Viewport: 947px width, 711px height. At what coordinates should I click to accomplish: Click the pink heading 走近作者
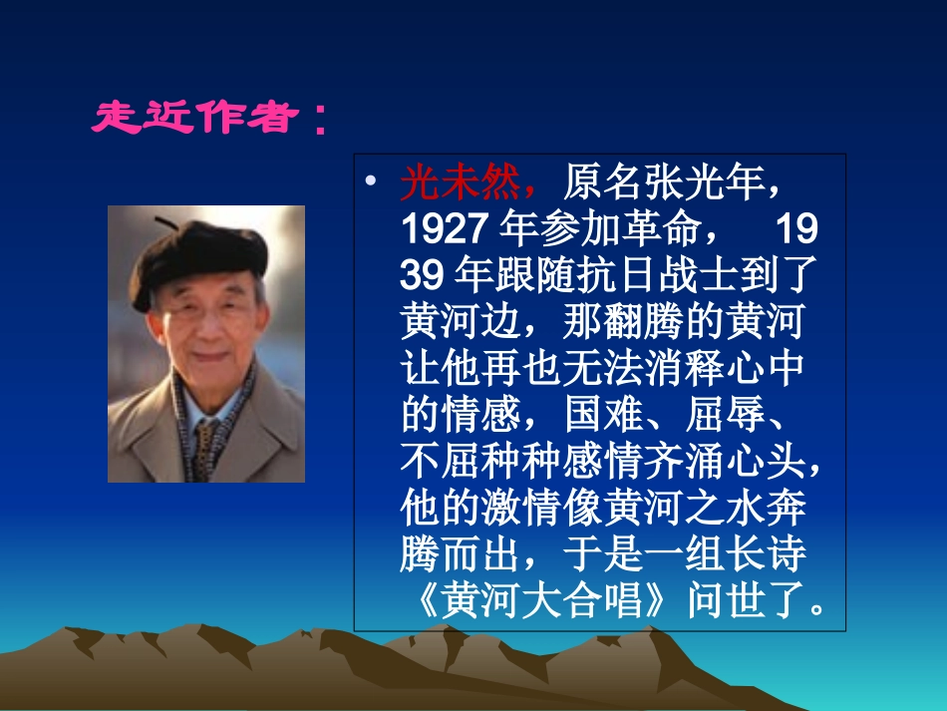pos(195,119)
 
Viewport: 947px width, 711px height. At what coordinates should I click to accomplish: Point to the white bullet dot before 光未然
pos(370,182)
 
